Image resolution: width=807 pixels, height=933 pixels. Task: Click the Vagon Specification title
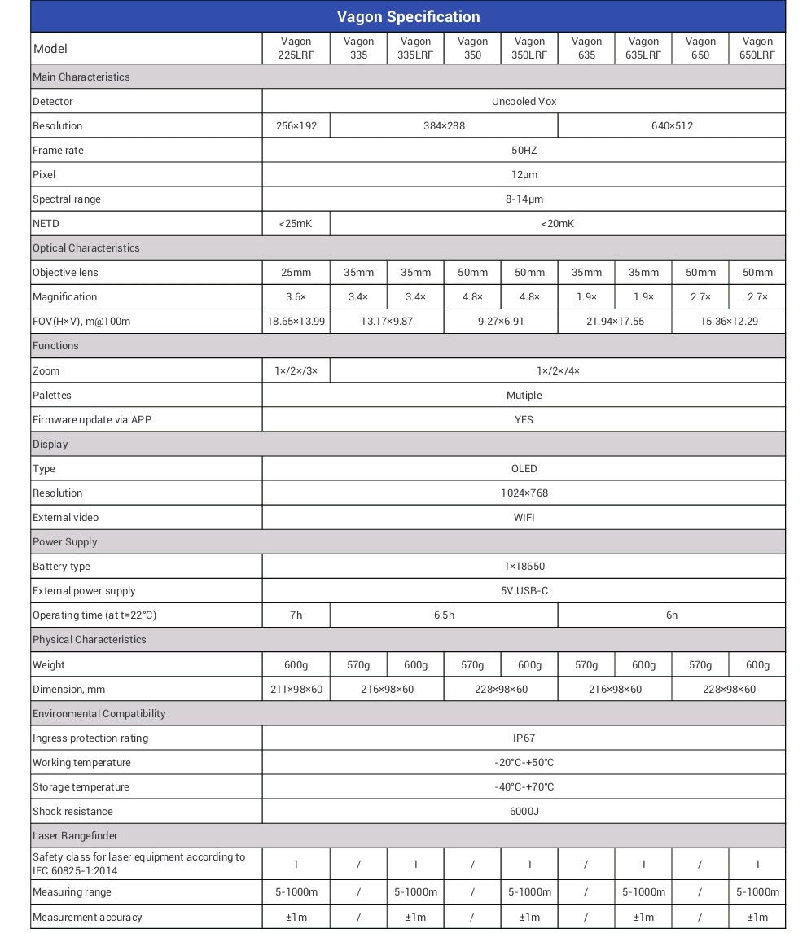[x=408, y=17]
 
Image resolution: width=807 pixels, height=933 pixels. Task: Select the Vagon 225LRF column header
[x=296, y=48]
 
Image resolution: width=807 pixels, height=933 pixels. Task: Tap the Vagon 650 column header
[x=700, y=48]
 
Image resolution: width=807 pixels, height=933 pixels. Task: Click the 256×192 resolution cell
[x=296, y=126]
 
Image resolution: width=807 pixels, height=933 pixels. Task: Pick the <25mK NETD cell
[x=296, y=224]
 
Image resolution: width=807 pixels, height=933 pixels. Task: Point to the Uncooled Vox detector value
[x=524, y=102]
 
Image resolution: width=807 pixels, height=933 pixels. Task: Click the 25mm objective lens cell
[x=296, y=273]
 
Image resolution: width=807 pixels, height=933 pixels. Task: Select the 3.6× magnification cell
[x=296, y=297]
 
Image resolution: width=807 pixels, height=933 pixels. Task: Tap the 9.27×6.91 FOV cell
[x=501, y=322]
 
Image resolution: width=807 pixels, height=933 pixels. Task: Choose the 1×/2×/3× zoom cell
[x=296, y=371]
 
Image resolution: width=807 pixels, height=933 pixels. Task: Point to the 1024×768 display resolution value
[x=524, y=493]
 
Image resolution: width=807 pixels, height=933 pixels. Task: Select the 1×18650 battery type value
[x=524, y=567]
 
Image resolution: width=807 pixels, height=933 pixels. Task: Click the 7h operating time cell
[x=296, y=615]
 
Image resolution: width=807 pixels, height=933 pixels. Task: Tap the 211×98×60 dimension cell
[x=296, y=690]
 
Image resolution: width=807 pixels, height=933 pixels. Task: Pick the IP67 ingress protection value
[x=524, y=738]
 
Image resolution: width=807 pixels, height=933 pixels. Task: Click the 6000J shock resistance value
[x=524, y=812]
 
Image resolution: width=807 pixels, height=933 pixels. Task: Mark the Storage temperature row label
[x=81, y=787]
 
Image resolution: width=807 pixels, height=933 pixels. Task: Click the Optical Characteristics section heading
[x=86, y=248]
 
